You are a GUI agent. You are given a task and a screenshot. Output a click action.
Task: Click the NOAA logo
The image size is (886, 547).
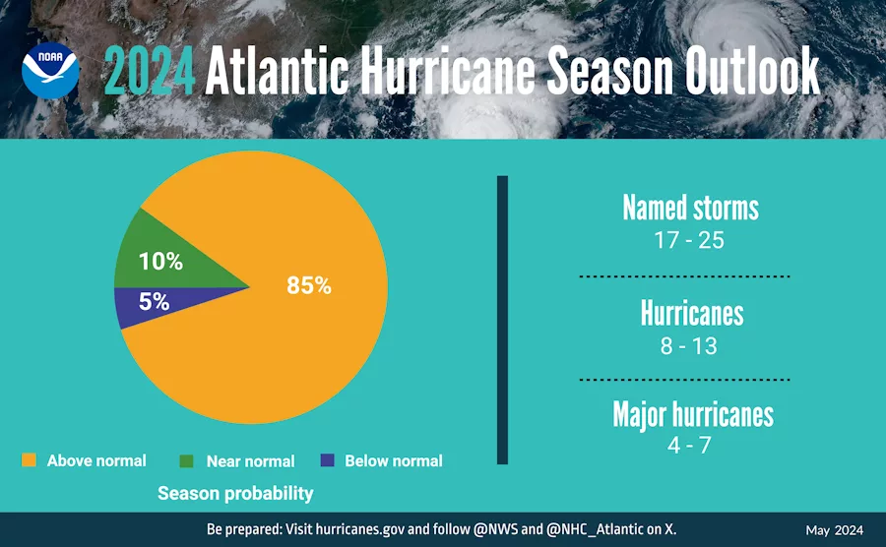tap(51, 70)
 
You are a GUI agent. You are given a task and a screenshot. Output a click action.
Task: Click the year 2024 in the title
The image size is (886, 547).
tap(149, 72)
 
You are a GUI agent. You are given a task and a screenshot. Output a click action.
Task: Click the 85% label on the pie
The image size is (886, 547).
tap(309, 286)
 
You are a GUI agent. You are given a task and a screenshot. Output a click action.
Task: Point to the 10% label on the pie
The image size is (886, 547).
tap(160, 262)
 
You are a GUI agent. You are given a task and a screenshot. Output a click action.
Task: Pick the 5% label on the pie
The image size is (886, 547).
tap(154, 303)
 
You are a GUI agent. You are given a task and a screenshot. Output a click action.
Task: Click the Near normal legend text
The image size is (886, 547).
tap(250, 461)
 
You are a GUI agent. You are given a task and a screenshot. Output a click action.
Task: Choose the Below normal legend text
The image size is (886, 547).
tap(394, 461)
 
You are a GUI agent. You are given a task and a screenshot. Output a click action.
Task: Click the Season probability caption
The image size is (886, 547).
tap(235, 494)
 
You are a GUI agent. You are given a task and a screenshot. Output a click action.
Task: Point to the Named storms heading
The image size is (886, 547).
tap(690, 208)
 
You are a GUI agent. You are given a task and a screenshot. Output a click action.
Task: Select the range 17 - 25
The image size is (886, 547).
tap(689, 240)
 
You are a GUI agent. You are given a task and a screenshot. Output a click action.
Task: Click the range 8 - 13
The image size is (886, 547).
tap(689, 346)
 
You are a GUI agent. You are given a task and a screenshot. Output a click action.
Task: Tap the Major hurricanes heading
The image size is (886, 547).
tap(692, 413)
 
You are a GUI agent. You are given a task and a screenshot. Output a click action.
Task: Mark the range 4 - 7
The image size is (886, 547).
tap(689, 445)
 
